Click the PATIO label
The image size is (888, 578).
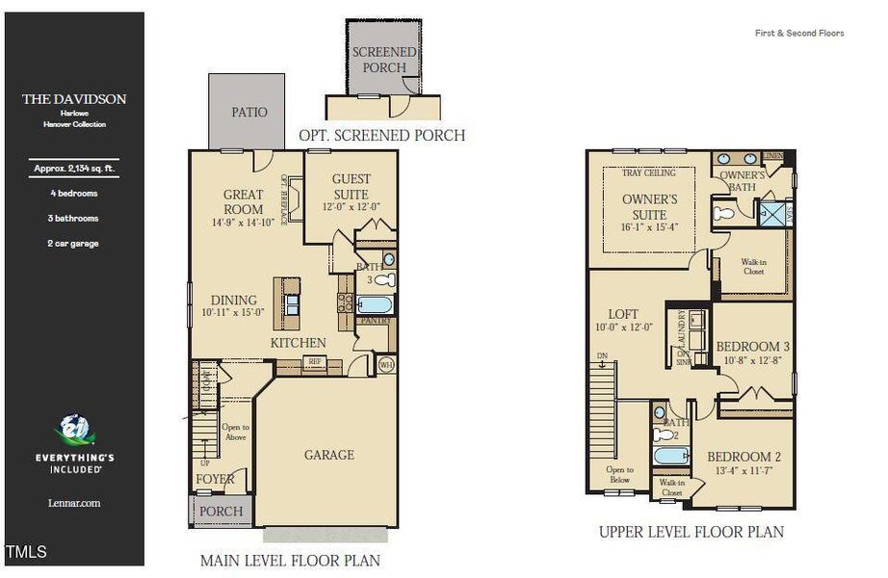tap(248, 112)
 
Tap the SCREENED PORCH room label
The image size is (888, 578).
tap(384, 59)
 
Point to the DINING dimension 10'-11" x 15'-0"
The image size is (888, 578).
tap(234, 313)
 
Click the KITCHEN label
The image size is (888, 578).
tap(298, 343)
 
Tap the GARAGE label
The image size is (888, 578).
tap(329, 455)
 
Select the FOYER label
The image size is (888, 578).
tap(215, 479)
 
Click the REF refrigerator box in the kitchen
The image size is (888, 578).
tap(314, 363)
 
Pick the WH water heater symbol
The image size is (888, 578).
tap(386, 364)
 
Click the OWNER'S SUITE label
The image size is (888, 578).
tap(649, 207)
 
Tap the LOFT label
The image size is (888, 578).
tap(622, 314)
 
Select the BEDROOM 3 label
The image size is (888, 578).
tap(752, 347)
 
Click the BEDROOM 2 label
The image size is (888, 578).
tap(744, 457)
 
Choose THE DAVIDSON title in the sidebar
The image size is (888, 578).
tap(74, 99)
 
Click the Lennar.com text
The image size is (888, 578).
tap(74, 503)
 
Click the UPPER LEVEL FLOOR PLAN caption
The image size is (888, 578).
tap(691, 532)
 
